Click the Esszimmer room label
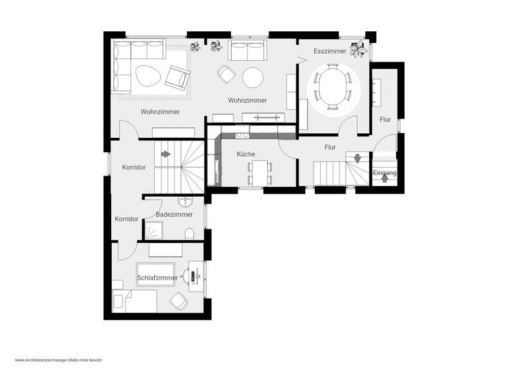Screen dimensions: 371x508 coord(330,50)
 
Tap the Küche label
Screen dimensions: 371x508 coord(246,154)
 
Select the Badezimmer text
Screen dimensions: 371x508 coord(174,215)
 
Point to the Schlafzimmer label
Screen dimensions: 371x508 coord(157,278)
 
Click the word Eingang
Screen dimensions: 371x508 coord(384,174)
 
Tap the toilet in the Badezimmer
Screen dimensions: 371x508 coord(190,233)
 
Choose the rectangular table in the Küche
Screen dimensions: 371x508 coord(259,172)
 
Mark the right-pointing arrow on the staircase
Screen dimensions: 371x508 coord(165,154)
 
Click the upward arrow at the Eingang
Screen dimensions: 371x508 coord(385,179)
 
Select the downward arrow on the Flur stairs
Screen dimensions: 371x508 coord(357,158)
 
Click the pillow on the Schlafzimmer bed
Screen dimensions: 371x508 coord(120,301)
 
